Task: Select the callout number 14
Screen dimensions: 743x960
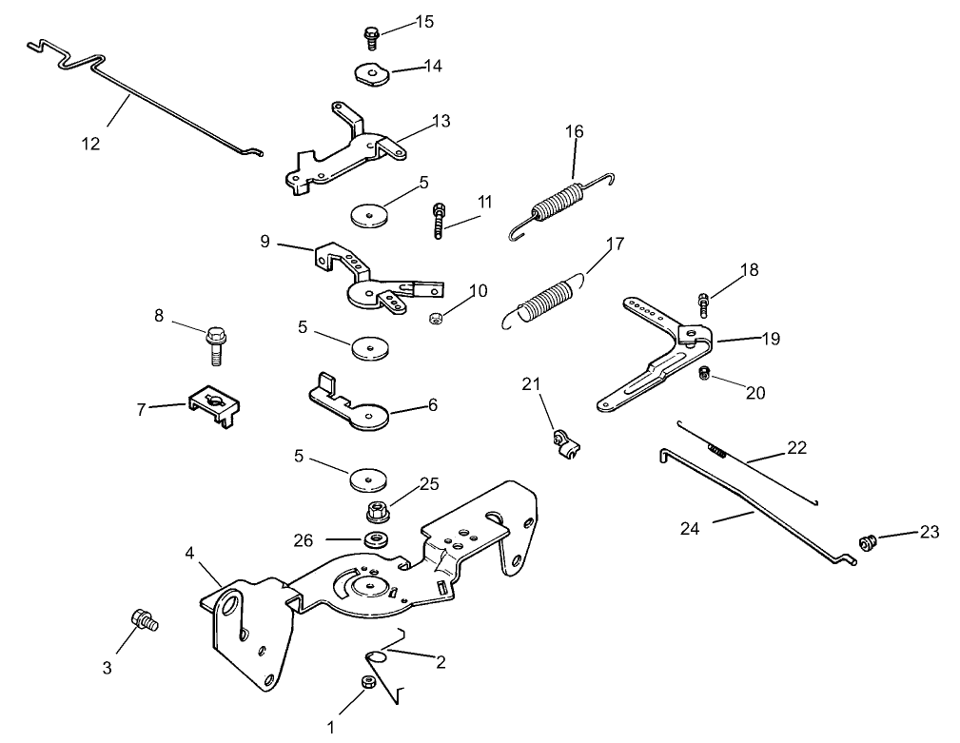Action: [433, 66]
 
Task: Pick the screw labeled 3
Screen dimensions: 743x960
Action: [147, 621]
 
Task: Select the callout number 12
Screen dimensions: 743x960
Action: [90, 144]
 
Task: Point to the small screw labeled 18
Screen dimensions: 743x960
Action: [703, 303]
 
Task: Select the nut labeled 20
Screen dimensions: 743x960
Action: [705, 372]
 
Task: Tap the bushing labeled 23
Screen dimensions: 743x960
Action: [866, 544]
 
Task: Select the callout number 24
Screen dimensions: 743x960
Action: [690, 528]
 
